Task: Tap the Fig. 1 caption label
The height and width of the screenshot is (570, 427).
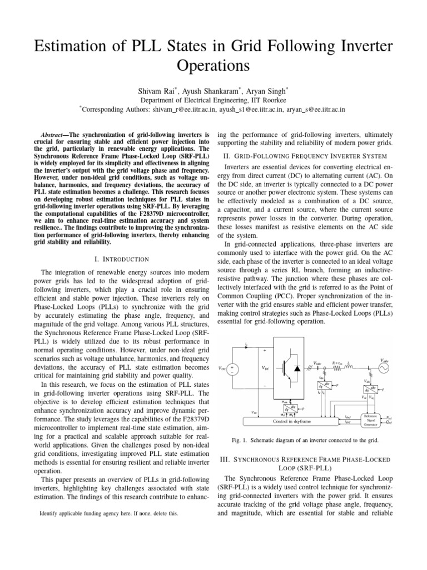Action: (x=240, y=440)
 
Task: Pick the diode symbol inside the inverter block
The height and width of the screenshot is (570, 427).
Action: (x=297, y=368)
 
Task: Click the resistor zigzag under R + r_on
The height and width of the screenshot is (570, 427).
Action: (x=336, y=368)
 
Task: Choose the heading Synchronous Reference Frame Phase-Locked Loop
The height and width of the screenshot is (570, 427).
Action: (x=306, y=465)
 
